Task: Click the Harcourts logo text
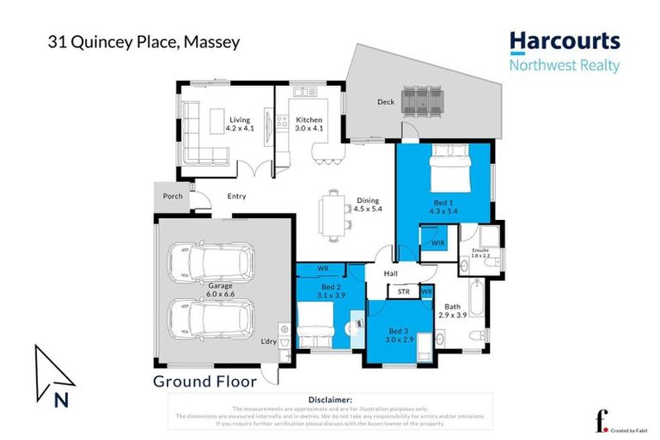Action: click(564, 42)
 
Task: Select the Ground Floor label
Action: click(197, 381)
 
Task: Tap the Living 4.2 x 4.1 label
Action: click(235, 124)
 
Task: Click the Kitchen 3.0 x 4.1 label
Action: click(309, 124)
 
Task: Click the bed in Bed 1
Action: click(450, 163)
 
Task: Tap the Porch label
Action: click(172, 197)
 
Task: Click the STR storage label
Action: click(403, 292)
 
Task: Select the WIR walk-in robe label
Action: click(437, 243)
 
